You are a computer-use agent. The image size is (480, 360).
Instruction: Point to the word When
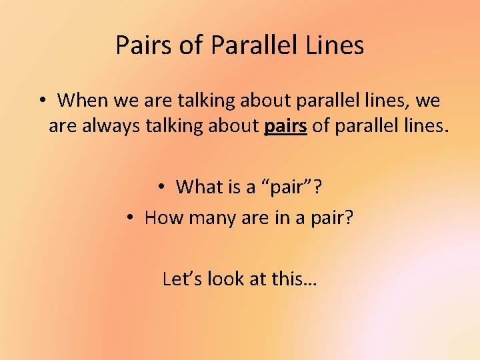point(81,101)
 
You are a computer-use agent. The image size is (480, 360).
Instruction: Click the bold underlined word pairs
point(286,126)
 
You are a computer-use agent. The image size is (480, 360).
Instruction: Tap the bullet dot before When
point(41,101)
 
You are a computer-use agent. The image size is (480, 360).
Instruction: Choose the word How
point(163,217)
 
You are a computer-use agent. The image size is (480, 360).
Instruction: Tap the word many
point(213,217)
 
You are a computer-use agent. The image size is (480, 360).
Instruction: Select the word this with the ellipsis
point(295,278)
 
